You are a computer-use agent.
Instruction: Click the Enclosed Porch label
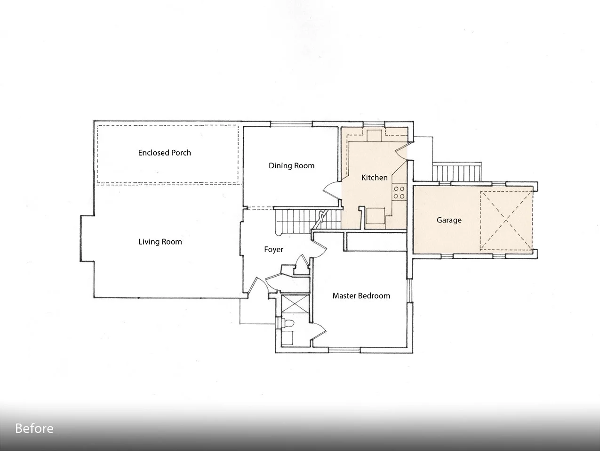pyautogui.click(x=164, y=153)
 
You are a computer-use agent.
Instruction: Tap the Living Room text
pyautogui.click(x=160, y=242)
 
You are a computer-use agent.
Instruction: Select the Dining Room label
pyautogui.click(x=291, y=166)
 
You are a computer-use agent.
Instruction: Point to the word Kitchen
pyautogui.click(x=374, y=178)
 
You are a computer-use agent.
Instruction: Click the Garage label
pyautogui.click(x=449, y=220)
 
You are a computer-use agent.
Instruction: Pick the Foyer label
pyautogui.click(x=273, y=250)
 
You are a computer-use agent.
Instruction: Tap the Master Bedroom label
pyautogui.click(x=361, y=296)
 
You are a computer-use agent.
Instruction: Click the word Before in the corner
pyautogui.click(x=34, y=428)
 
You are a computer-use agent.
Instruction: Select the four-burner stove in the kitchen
pyautogui.click(x=399, y=192)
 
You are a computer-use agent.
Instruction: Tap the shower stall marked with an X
pyautogui.click(x=295, y=304)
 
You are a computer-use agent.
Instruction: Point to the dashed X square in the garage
pyautogui.click(x=506, y=221)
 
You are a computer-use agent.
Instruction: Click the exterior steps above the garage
pyautogui.click(x=456, y=172)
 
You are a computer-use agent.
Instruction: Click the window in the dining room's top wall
pyautogui.click(x=291, y=124)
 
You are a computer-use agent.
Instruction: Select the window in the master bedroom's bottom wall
pyautogui.click(x=344, y=350)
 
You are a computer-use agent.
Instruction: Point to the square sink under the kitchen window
pyautogui.click(x=374, y=135)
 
